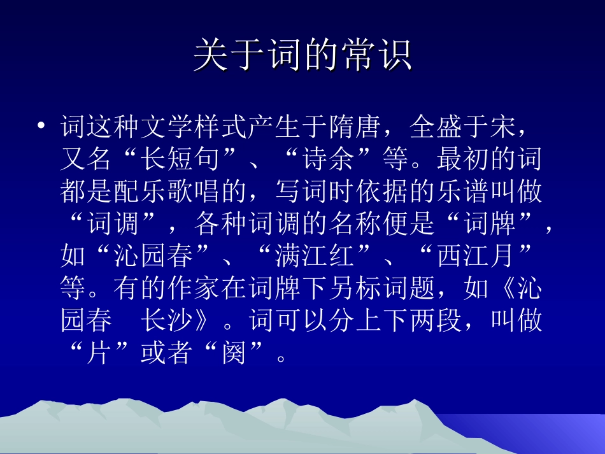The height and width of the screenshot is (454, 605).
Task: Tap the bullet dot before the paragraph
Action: (41, 125)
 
